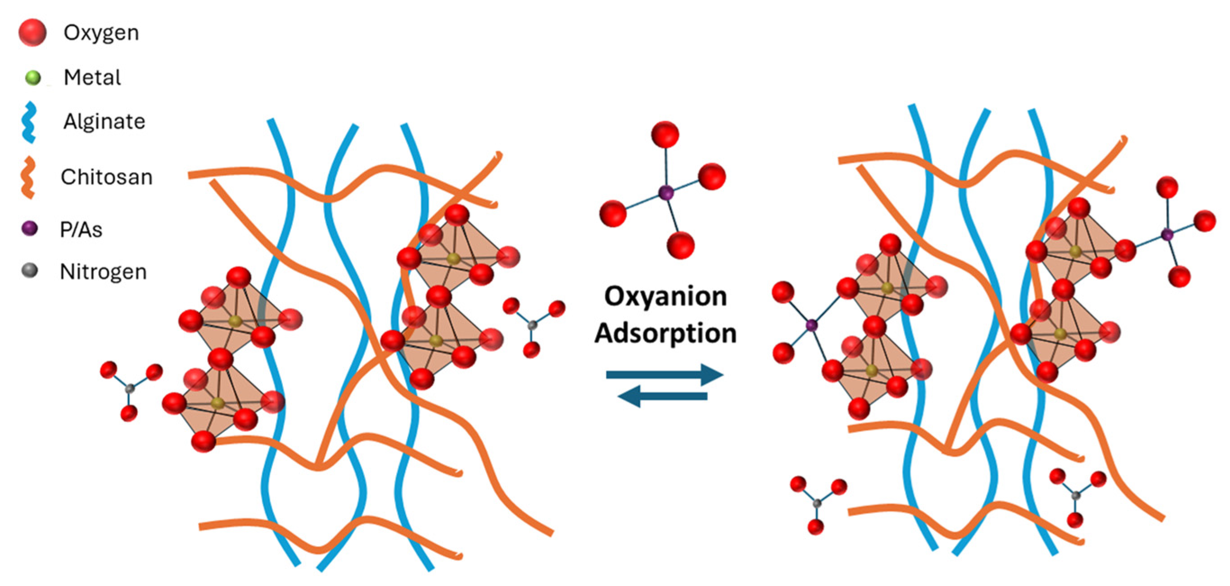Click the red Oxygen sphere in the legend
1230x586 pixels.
coord(32,33)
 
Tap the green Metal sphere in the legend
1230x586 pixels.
coord(33,77)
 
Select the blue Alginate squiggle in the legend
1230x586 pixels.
coord(30,122)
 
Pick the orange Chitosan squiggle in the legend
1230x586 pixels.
coord(28,177)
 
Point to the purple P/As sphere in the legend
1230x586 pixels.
coord(30,228)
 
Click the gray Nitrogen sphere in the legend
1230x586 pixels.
coord(30,270)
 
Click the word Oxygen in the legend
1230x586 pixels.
coord(101,33)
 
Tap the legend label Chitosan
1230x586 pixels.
coord(107,177)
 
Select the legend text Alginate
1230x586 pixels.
coord(104,121)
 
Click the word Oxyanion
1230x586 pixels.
coord(665,296)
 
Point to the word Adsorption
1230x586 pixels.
coord(665,333)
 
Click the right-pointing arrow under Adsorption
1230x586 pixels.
coord(665,375)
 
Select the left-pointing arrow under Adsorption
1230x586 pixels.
coord(663,396)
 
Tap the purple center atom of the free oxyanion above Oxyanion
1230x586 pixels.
coord(666,193)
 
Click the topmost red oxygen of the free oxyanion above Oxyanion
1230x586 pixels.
coord(665,134)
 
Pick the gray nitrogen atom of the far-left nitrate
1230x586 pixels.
coord(129,389)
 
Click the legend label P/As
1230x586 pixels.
coord(81,230)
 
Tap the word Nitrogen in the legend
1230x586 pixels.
coord(103,272)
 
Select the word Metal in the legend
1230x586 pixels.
coord(92,77)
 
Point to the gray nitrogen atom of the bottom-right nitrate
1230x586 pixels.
coord(1076,496)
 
